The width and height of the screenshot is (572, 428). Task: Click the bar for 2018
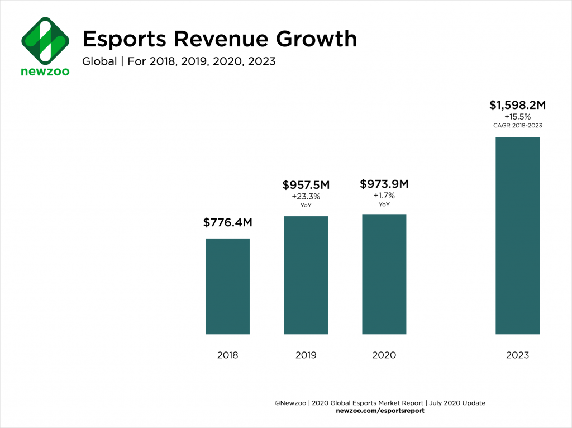(227, 286)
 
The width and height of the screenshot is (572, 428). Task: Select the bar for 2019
(306, 275)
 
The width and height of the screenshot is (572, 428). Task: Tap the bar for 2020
(384, 274)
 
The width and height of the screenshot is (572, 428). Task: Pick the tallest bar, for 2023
(517, 235)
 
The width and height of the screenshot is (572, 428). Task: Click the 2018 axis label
(227, 355)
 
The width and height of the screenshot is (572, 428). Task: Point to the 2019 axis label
(306, 355)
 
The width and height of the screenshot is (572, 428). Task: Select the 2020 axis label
(384, 355)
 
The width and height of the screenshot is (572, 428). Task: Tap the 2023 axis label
(517, 355)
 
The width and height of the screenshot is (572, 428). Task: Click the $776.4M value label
(227, 223)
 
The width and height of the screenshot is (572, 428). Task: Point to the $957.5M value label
(306, 185)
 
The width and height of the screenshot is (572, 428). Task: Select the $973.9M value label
(384, 184)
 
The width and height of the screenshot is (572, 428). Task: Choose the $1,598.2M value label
(517, 105)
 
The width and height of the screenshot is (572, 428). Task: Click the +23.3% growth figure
(306, 197)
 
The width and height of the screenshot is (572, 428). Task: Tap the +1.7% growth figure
(384, 196)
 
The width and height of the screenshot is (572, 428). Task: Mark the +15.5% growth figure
(517, 117)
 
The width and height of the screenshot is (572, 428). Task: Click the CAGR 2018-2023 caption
(517, 126)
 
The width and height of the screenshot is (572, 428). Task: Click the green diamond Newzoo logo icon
(45, 41)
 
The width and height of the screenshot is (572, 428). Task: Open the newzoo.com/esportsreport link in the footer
(380, 411)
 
